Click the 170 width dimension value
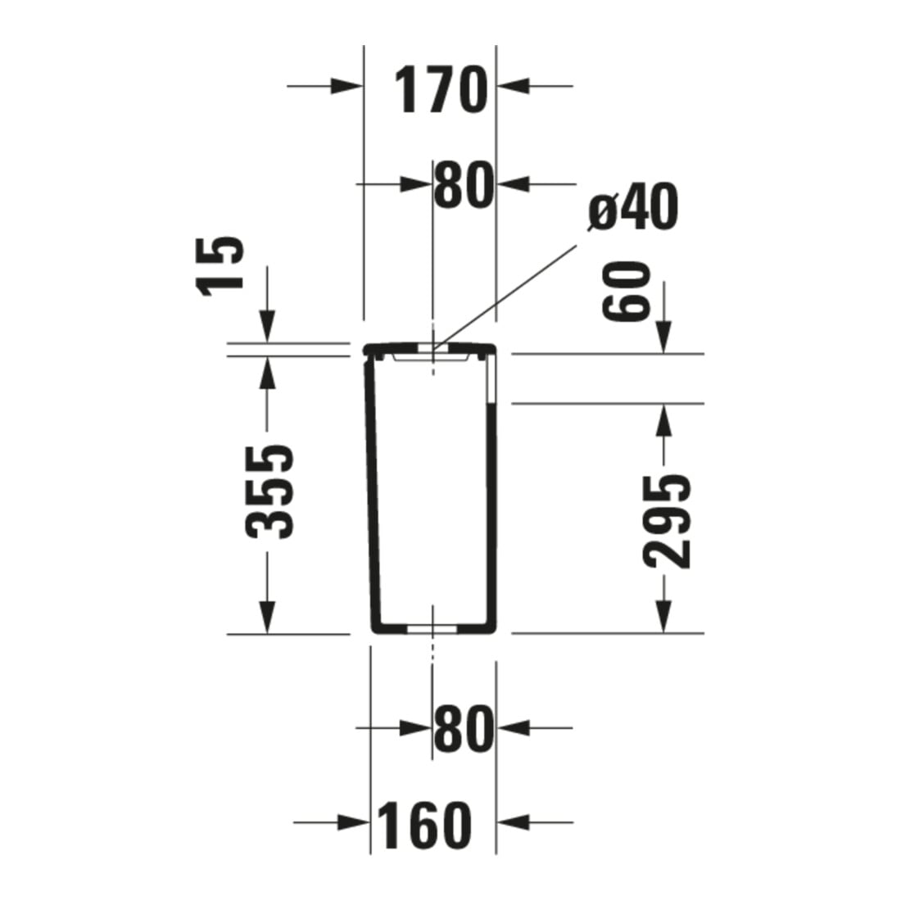tap(440, 90)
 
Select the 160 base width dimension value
tap(424, 826)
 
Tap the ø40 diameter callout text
tap(633, 206)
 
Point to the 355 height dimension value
tap(269, 492)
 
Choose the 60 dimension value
tap(626, 290)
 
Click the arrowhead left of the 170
tap(346, 87)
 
